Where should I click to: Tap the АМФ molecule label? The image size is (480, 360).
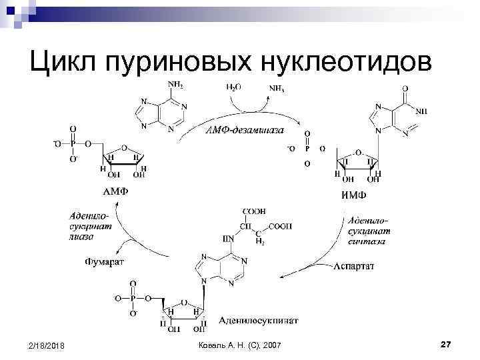point(115,192)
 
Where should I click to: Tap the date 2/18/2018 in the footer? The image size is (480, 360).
point(48,344)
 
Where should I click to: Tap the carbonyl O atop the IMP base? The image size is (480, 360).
point(405,87)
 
